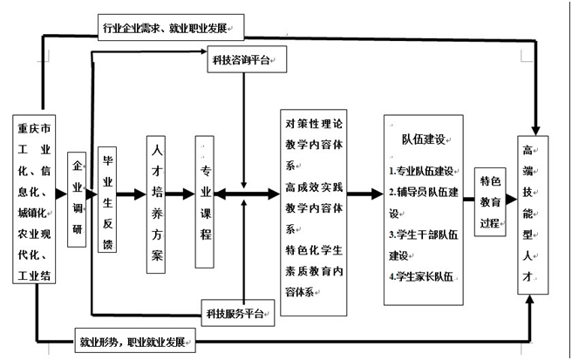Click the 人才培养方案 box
click(155, 204)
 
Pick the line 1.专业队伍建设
click(425, 171)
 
